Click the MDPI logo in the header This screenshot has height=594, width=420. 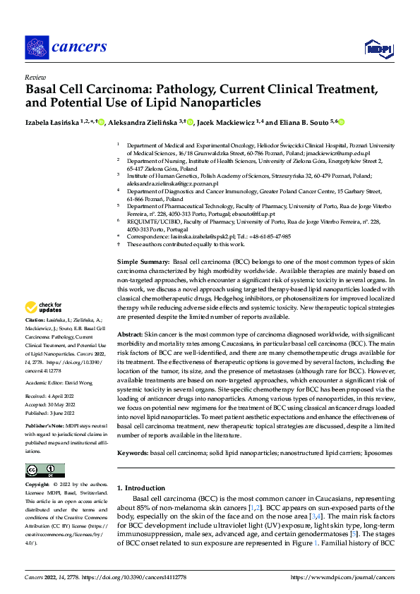[378, 47]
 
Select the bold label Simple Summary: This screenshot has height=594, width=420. [143, 262]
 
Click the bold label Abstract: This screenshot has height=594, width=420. [131, 353]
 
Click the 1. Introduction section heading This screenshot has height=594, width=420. [144, 487]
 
